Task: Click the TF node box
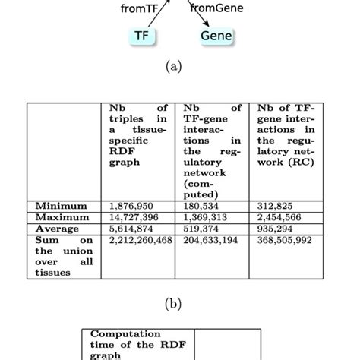[141, 35]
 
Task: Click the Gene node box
[216, 35]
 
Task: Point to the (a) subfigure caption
[179, 67]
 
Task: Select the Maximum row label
[61, 217]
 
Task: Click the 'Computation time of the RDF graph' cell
[137, 343]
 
